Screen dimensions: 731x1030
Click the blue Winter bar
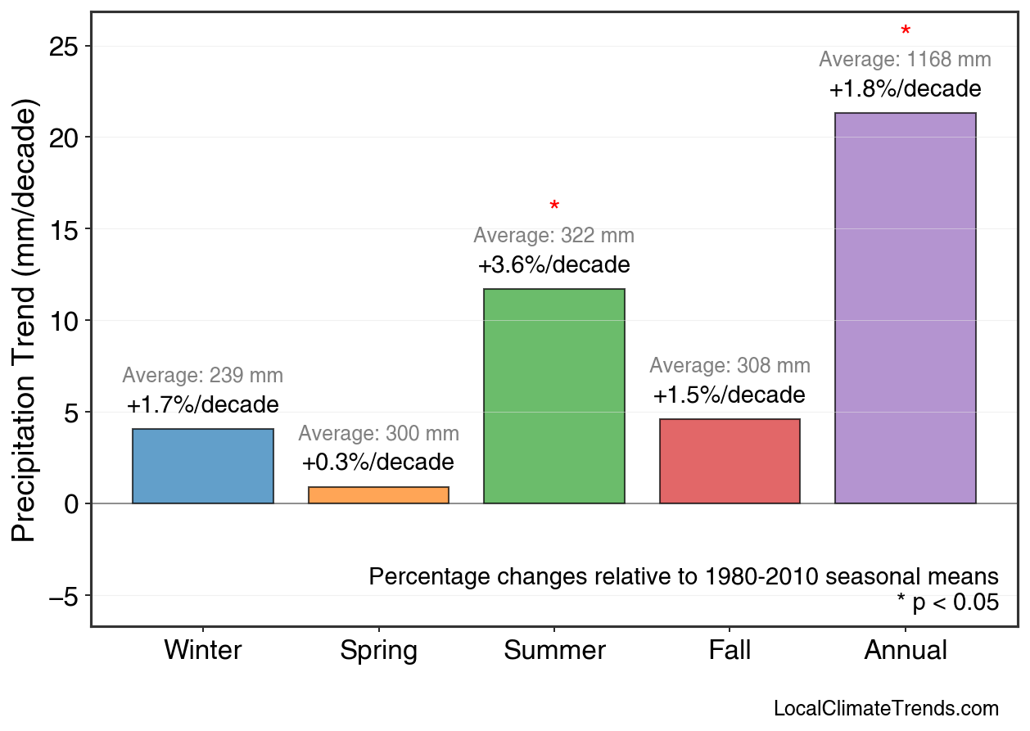click(203, 466)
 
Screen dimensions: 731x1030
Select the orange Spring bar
click(378, 495)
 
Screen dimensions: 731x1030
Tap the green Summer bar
click(554, 396)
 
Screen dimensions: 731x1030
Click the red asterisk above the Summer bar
click(554, 206)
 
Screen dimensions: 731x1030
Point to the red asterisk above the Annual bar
click(905, 32)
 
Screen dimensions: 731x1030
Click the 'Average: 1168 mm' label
click(905, 60)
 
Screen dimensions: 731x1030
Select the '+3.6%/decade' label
click(554, 266)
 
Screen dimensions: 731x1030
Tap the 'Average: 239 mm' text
click(203, 376)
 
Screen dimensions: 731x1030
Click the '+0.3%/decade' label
click(378, 463)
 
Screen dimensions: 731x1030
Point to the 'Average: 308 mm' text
click(730, 366)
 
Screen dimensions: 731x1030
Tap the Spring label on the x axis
click(378, 651)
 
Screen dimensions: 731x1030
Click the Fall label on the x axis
click(730, 651)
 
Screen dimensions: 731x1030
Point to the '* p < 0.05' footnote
click(947, 603)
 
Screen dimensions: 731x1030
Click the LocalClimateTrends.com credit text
click(886, 709)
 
